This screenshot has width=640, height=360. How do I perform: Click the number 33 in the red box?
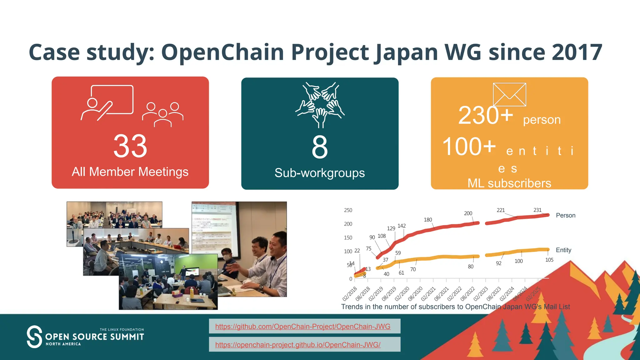tap(130, 146)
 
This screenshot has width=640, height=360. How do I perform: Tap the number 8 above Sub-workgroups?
tap(319, 147)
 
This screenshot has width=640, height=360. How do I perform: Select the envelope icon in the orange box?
tap(509, 94)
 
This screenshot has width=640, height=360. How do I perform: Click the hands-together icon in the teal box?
tap(320, 104)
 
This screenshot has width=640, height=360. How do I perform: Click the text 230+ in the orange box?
tap(485, 116)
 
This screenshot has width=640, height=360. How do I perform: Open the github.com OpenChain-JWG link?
tap(302, 327)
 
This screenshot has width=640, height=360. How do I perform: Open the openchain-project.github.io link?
tap(297, 345)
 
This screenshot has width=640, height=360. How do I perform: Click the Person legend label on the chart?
tap(565, 215)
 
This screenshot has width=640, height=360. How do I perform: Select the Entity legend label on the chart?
tap(563, 250)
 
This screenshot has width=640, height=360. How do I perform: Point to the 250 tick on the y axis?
tap(348, 210)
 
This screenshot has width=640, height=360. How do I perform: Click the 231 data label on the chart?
tap(537, 210)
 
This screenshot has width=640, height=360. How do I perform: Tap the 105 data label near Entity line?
tap(549, 260)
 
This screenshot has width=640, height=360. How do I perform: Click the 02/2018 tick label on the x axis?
tap(350, 294)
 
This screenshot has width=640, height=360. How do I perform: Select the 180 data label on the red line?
tap(428, 220)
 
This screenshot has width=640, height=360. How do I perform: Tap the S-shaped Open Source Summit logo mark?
tap(34, 337)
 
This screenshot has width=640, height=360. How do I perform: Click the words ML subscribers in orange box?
tap(509, 183)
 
